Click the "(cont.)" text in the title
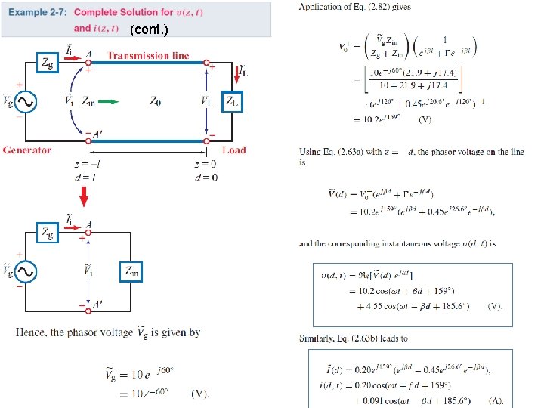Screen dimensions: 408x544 pyautogui.click(x=149, y=30)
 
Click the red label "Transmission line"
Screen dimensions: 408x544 pyautogui.click(x=148, y=55)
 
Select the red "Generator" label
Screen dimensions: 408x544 pyautogui.click(x=26, y=150)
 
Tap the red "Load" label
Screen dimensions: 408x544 pyautogui.click(x=234, y=150)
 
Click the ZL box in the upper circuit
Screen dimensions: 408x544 pyautogui.click(x=232, y=102)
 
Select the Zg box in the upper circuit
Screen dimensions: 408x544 pyautogui.click(x=48, y=64)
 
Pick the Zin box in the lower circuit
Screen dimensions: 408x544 pyautogui.click(x=131, y=271)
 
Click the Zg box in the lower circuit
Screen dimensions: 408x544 pyautogui.click(x=48, y=233)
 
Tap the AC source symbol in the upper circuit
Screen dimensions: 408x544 pyautogui.click(x=27, y=101)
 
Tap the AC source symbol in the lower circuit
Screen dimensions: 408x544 pyautogui.click(x=27, y=270)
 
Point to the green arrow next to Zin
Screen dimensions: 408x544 pyautogui.click(x=110, y=100)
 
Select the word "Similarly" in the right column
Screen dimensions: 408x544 pyautogui.click(x=318, y=338)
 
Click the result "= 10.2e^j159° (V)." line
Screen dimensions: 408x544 pyautogui.click(x=393, y=119)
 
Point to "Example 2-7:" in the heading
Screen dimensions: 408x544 pyautogui.click(x=39, y=13)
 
